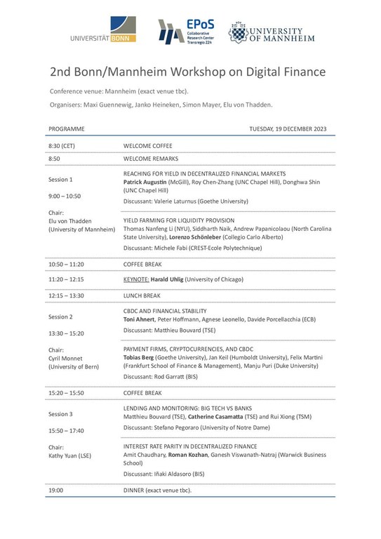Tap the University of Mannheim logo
266,31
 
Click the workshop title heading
189,73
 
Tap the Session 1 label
60,179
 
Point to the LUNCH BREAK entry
142,295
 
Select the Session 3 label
60,414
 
